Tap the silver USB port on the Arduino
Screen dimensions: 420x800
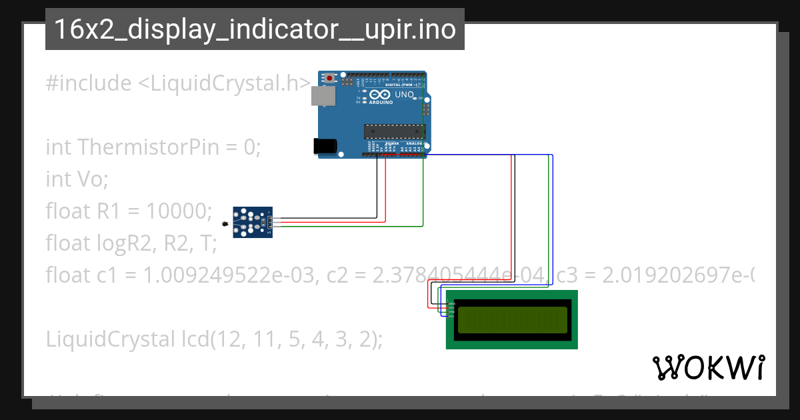(x=323, y=97)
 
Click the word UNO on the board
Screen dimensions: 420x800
(x=404, y=95)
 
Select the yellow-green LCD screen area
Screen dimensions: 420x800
(x=511, y=319)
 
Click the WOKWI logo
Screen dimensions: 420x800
(x=708, y=367)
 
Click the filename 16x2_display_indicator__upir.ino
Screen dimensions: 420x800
(x=255, y=29)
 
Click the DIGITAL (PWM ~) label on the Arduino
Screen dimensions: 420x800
(x=404, y=85)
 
